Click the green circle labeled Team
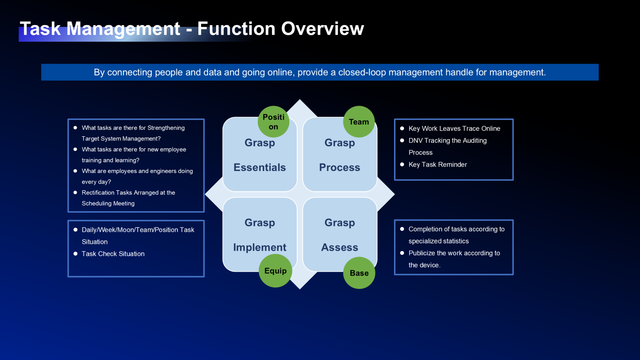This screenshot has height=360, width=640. (359, 122)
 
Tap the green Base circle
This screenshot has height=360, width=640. (359, 273)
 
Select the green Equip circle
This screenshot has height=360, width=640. (275, 271)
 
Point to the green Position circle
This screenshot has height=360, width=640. (273, 122)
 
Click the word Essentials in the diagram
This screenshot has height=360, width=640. (260, 167)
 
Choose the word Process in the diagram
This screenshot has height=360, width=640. (340, 167)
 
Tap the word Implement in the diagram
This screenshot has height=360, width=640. (260, 247)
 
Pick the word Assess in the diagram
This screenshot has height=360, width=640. (340, 247)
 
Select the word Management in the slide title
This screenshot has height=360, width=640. (123, 29)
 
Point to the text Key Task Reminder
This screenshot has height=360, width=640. (437, 165)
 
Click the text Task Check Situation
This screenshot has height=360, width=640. (113, 254)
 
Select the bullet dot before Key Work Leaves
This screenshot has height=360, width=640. (402, 129)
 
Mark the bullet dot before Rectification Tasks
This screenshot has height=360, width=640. (75, 193)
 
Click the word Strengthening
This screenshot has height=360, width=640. (166, 128)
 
